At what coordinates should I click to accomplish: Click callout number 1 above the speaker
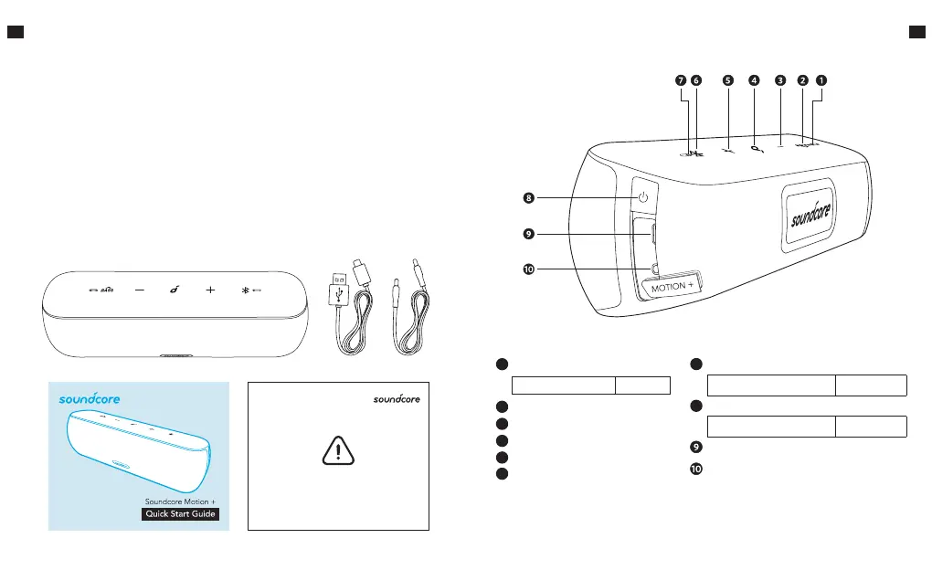pos(821,80)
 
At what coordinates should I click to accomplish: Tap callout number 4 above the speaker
pos(754,80)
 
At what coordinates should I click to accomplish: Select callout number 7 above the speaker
pos(681,80)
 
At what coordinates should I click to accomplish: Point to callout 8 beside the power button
pos(527,197)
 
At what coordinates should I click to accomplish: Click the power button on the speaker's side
pos(643,197)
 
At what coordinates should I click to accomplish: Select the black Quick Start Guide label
pos(181,516)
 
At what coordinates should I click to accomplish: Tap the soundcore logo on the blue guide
pos(90,399)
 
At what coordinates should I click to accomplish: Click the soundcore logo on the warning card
pos(401,399)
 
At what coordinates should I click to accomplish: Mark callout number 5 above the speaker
pos(728,80)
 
